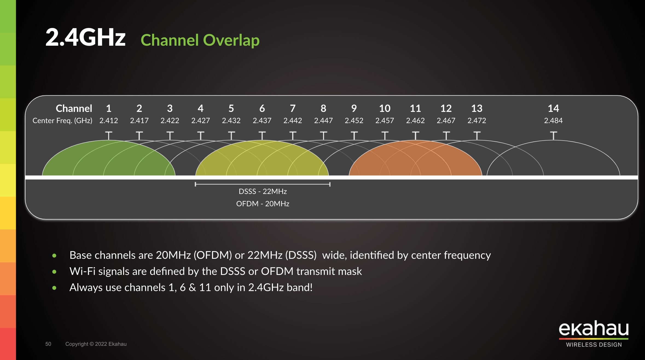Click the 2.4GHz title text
[x=85, y=37]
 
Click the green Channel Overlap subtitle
[x=200, y=40]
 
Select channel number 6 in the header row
[x=262, y=108]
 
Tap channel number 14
[x=553, y=108]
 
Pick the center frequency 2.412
[x=109, y=120]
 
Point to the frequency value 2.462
[x=415, y=120]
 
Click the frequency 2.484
[x=553, y=120]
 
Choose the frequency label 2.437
[x=262, y=120]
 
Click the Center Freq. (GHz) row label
[x=62, y=121]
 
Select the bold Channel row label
[x=74, y=108]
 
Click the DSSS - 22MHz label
[x=263, y=191]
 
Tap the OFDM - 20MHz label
[x=263, y=204]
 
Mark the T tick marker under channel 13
[x=477, y=136]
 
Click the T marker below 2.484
[x=553, y=136]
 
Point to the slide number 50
[x=48, y=344]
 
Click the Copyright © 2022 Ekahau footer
[x=96, y=344]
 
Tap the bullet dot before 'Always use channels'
[x=54, y=288]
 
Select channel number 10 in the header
[x=385, y=108]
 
